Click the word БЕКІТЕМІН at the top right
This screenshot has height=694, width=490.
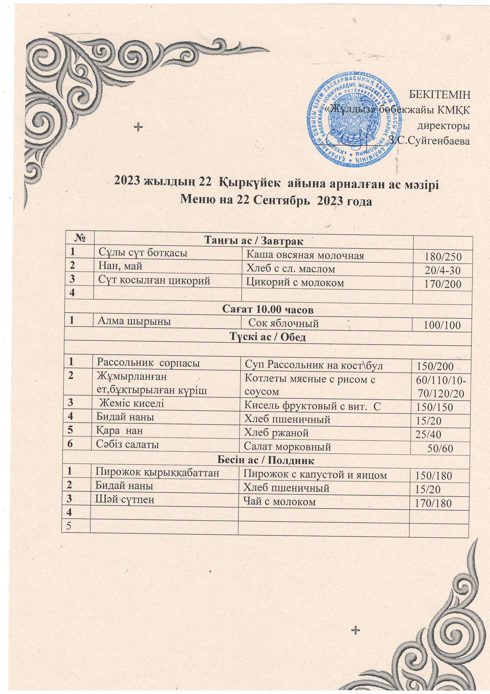tap(439, 95)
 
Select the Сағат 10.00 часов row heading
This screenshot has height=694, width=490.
tap(268, 310)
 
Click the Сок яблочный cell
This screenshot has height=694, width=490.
tap(284, 323)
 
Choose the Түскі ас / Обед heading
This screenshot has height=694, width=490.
tap(268, 337)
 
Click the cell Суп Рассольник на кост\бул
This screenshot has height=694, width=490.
tap(313, 366)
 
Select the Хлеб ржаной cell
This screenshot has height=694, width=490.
tap(276, 433)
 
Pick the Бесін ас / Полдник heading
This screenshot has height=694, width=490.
tap(266, 461)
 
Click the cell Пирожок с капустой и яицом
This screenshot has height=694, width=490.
tap(315, 475)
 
